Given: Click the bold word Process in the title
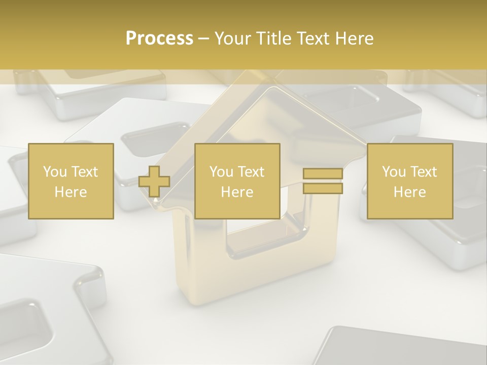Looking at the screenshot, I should pyautogui.click(x=159, y=39).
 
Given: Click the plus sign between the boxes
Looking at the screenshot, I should pyautogui.click(x=154, y=181).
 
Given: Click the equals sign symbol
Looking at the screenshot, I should pyautogui.click(x=323, y=181).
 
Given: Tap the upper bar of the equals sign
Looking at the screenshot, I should pyautogui.click(x=323, y=174).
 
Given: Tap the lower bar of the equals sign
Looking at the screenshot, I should pyautogui.click(x=323, y=189).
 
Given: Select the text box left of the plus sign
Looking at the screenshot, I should pyautogui.click(x=71, y=181).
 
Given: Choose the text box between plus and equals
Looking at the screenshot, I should pyautogui.click(x=237, y=181).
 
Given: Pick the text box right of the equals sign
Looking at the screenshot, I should pyautogui.click(x=410, y=181).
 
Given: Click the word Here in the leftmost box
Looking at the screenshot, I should pyautogui.click(x=71, y=192).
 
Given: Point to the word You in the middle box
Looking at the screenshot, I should pyautogui.click(x=221, y=172).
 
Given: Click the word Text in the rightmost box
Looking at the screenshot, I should pyautogui.click(x=424, y=172).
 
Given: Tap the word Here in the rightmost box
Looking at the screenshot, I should pyautogui.click(x=409, y=192).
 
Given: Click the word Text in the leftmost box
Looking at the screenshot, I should pyautogui.click(x=85, y=172).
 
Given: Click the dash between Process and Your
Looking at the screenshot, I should pyautogui.click(x=203, y=39).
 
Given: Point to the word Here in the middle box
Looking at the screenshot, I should pyautogui.click(x=237, y=192).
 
